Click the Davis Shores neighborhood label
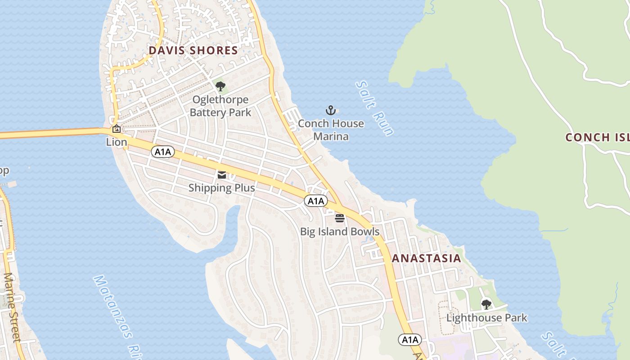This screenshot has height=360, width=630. [193, 50]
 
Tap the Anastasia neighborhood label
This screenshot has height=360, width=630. [426, 258]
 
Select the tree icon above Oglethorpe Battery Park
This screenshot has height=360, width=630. [220, 85]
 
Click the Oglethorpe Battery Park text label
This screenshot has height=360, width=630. [220, 106]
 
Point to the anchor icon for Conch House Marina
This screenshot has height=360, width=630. [331, 110]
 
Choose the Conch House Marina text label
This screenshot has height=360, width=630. [331, 130]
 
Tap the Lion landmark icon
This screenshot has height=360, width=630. [117, 129]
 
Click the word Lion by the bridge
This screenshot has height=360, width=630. [117, 142]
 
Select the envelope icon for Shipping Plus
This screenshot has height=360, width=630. [222, 175]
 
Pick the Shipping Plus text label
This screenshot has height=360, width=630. [222, 188]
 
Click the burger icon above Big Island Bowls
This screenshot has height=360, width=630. [340, 218]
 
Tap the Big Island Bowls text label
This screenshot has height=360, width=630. [340, 232]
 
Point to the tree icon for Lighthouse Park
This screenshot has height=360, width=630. [486, 304]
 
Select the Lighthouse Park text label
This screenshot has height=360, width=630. [486, 318]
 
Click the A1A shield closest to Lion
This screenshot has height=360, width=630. [162, 152]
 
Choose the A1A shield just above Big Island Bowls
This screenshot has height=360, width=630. [315, 201]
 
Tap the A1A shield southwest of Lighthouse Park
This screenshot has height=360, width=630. [409, 339]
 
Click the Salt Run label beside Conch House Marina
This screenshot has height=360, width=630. [374, 108]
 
